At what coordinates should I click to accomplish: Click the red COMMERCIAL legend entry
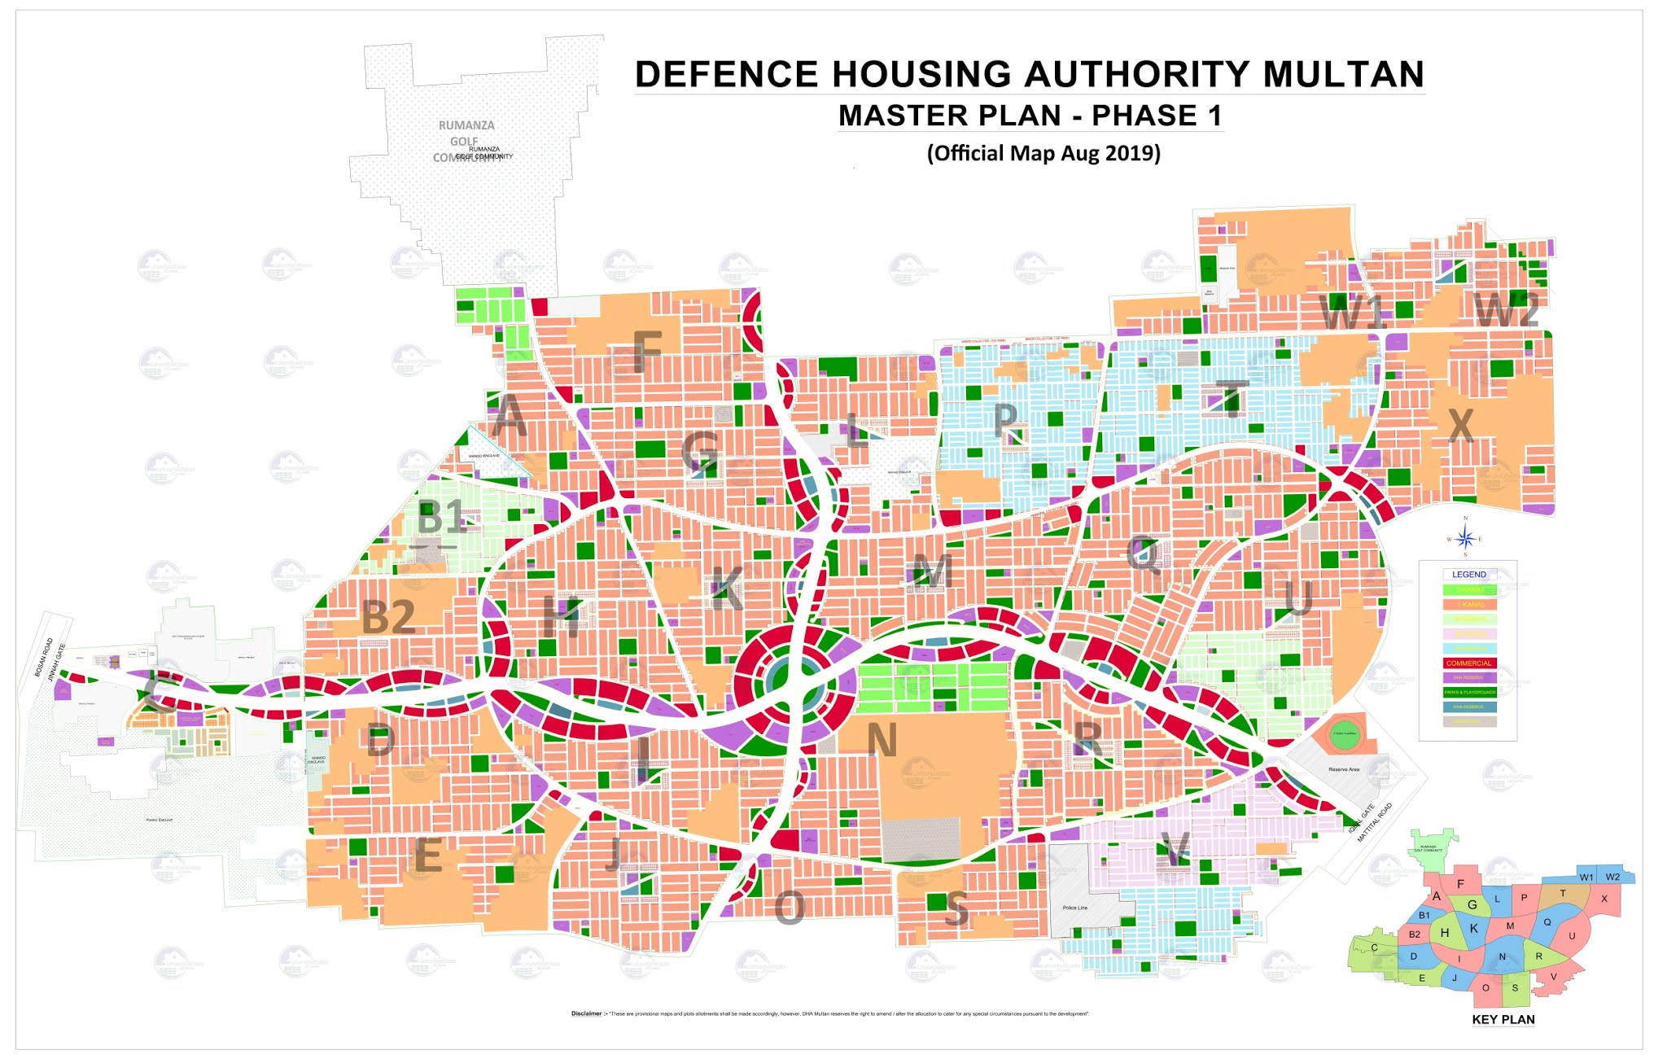[1468, 663]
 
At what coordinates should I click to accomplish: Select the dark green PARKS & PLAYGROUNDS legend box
[1468, 692]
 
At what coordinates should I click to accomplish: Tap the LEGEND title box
[1468, 574]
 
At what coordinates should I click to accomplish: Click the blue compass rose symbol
[1465, 538]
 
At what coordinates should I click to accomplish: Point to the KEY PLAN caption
[1503, 1019]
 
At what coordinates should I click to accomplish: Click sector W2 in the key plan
[1612, 877]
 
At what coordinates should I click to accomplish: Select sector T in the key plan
[1562, 893]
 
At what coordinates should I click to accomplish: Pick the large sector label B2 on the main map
[388, 617]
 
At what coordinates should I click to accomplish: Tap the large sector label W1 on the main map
[1351, 313]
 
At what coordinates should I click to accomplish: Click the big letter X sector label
[1461, 424]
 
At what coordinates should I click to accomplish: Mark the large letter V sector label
[1175, 850]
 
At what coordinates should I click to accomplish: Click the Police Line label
[1074, 908]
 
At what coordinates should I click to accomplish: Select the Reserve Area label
[1343, 769]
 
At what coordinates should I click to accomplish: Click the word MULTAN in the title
[1343, 74]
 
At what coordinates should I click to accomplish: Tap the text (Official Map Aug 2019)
[1044, 153]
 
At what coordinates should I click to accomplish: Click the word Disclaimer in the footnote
[586, 1013]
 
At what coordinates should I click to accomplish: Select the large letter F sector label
[647, 351]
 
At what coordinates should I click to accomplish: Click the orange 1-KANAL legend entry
[1468, 604]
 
